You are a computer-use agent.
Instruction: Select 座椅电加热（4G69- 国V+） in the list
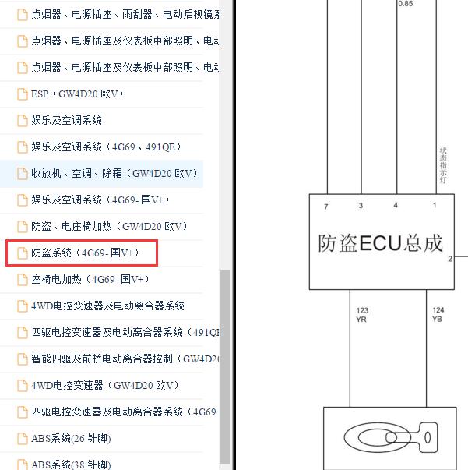click(x=90, y=280)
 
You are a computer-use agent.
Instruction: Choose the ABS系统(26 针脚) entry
click(x=69, y=439)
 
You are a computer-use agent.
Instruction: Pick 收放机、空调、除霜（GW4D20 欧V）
click(x=114, y=174)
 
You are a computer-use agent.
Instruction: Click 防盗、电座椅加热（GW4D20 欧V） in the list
click(x=109, y=227)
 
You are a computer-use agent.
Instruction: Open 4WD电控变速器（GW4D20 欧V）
click(x=104, y=386)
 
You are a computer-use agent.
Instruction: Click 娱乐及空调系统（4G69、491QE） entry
click(x=105, y=147)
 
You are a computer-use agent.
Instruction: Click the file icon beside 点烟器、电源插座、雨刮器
click(x=23, y=15)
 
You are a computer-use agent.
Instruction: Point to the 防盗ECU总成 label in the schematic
click(x=380, y=243)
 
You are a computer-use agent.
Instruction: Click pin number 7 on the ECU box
click(x=326, y=206)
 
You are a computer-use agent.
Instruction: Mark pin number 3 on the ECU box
click(x=361, y=206)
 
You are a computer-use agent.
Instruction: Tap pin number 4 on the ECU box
click(x=396, y=206)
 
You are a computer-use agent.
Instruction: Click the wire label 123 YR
click(x=361, y=315)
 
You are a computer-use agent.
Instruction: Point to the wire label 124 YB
click(x=438, y=315)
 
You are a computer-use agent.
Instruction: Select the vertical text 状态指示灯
click(x=443, y=166)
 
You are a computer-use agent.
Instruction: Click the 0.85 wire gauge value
click(x=406, y=4)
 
